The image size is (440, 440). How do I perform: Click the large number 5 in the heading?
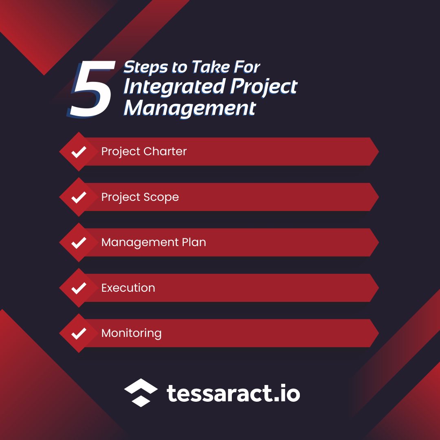click(90, 90)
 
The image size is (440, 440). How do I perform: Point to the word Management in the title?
click(190, 108)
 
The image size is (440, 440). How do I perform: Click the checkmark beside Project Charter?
click(79, 152)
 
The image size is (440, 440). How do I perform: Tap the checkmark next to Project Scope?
click(79, 197)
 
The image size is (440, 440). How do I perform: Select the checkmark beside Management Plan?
click(79, 242)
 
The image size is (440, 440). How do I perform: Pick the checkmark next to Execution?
click(79, 288)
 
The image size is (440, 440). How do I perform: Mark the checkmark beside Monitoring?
click(79, 333)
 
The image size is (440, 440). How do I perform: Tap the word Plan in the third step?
click(193, 242)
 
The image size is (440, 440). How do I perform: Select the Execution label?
click(128, 288)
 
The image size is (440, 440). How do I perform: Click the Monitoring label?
click(131, 333)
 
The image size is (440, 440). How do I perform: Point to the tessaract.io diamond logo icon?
click(141, 393)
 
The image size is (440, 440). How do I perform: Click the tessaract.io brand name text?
click(233, 394)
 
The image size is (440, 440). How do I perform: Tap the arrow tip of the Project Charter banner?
click(374, 152)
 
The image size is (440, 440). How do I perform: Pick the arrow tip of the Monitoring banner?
click(374, 333)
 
